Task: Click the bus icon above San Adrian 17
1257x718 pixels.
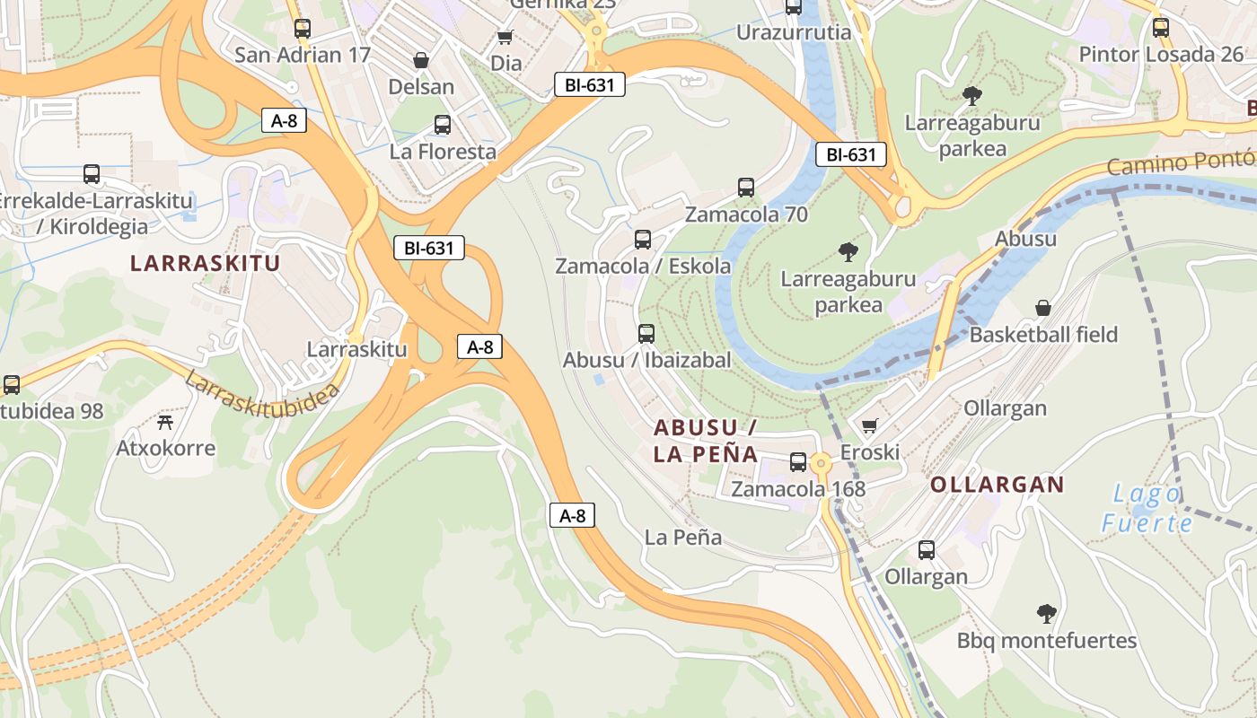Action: pos(303,29)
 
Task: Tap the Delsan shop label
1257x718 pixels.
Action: pos(421,87)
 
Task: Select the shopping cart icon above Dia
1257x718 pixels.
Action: pos(505,37)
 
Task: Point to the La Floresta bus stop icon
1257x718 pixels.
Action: pos(442,125)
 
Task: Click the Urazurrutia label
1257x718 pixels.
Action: pos(794,33)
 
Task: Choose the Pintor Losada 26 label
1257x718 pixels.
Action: pos(1161,54)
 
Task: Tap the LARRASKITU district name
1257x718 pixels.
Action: pos(206,263)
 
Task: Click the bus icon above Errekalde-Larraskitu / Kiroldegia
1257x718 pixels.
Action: pos(92,174)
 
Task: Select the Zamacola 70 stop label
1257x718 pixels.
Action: pos(746,215)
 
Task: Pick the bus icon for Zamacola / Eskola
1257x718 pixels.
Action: pos(643,240)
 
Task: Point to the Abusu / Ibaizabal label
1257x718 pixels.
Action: pos(646,360)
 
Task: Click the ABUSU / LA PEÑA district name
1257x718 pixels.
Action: pos(707,440)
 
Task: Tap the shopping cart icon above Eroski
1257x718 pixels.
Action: pos(869,425)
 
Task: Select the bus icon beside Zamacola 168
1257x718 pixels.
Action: pos(797,462)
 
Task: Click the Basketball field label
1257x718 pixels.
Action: pos(1043,335)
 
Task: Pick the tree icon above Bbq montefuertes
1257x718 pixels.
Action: pos(1046,614)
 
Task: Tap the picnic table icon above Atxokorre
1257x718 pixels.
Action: pos(165,421)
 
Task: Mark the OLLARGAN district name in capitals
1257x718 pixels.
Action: pos(997,485)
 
